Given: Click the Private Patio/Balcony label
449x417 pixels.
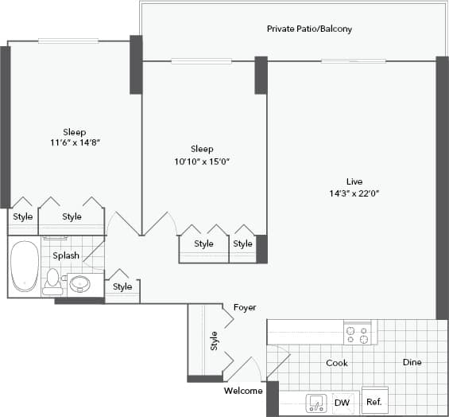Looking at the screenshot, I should (x=309, y=29).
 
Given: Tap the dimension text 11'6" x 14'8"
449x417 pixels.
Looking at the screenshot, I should (x=75, y=143).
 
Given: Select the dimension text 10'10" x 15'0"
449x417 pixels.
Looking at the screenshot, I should (x=202, y=161).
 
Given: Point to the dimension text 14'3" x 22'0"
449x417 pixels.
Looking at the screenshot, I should (x=354, y=193).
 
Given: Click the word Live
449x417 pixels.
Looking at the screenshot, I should (x=354, y=181).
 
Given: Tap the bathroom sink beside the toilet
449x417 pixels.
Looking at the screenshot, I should (x=79, y=283).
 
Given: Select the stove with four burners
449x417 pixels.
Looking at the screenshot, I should (x=358, y=333).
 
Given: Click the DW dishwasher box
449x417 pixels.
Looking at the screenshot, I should (x=342, y=403).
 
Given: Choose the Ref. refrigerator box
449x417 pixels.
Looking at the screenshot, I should (x=374, y=402).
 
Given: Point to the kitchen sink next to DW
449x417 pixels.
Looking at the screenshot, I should (x=316, y=403).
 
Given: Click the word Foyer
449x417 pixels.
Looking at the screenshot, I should (x=244, y=307).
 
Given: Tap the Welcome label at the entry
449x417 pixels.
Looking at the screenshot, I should (x=242, y=391).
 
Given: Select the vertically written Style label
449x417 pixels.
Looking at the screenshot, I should (x=214, y=341).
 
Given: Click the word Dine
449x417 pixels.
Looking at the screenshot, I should (x=412, y=363).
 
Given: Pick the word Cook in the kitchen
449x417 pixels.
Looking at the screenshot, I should (x=337, y=363).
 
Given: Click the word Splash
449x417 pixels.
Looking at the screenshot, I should (x=65, y=255).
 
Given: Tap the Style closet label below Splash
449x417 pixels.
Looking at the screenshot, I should (x=122, y=286).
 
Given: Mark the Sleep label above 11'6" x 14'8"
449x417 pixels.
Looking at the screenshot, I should (x=75, y=131).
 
